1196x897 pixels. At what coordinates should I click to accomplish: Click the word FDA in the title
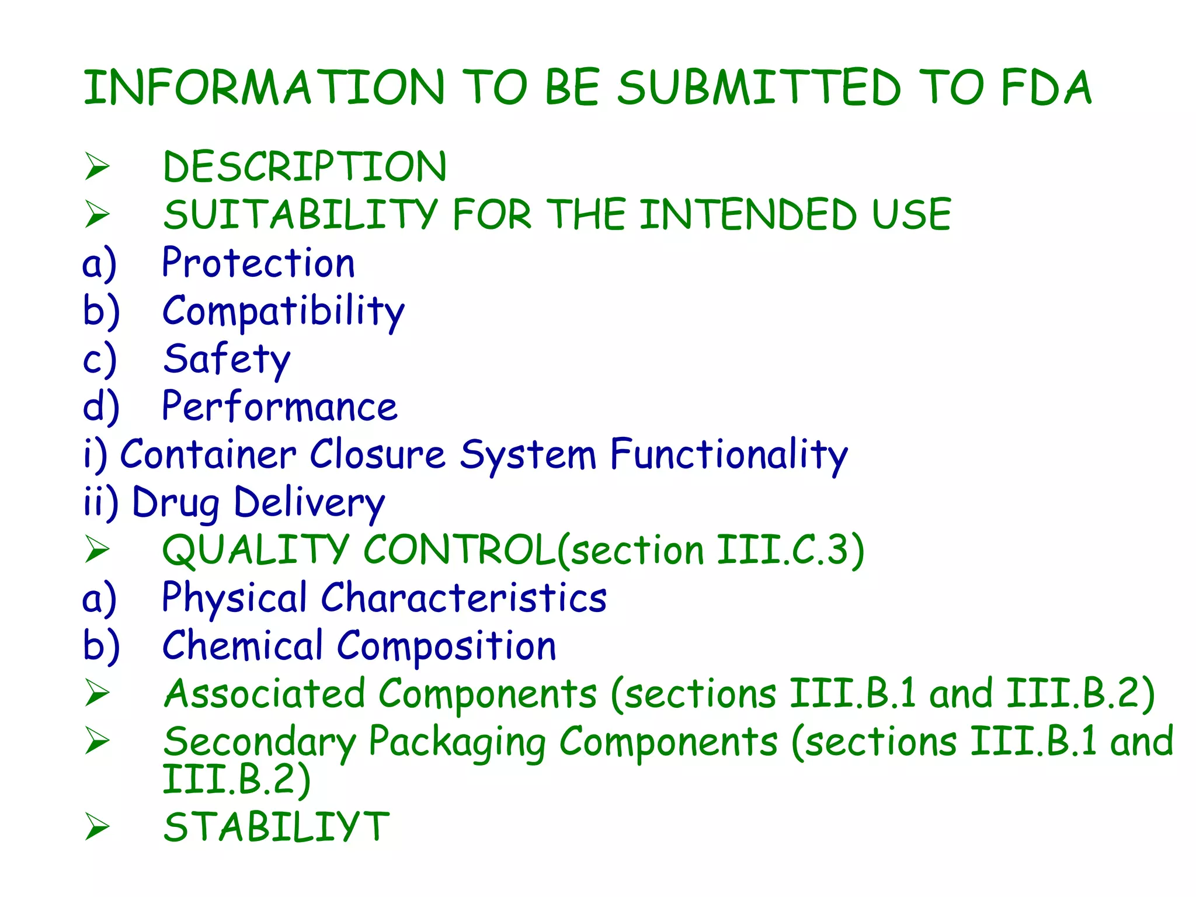click(x=1045, y=88)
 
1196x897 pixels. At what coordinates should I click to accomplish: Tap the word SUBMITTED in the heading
click(x=759, y=88)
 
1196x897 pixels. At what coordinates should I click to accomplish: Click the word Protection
click(x=258, y=263)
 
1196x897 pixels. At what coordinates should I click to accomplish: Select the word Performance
click(x=280, y=406)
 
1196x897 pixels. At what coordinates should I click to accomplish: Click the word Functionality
click(x=729, y=455)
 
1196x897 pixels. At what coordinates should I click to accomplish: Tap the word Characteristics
click(x=464, y=598)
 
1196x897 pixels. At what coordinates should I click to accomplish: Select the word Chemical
click(x=242, y=646)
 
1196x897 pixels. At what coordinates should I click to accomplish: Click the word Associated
click(x=265, y=694)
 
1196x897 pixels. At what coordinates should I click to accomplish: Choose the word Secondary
click(x=260, y=742)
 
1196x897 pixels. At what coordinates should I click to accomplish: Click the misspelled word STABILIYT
click(x=276, y=828)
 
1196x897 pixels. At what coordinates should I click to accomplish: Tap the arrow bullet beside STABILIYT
click(x=97, y=828)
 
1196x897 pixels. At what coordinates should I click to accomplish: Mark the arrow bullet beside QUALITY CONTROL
click(x=97, y=550)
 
